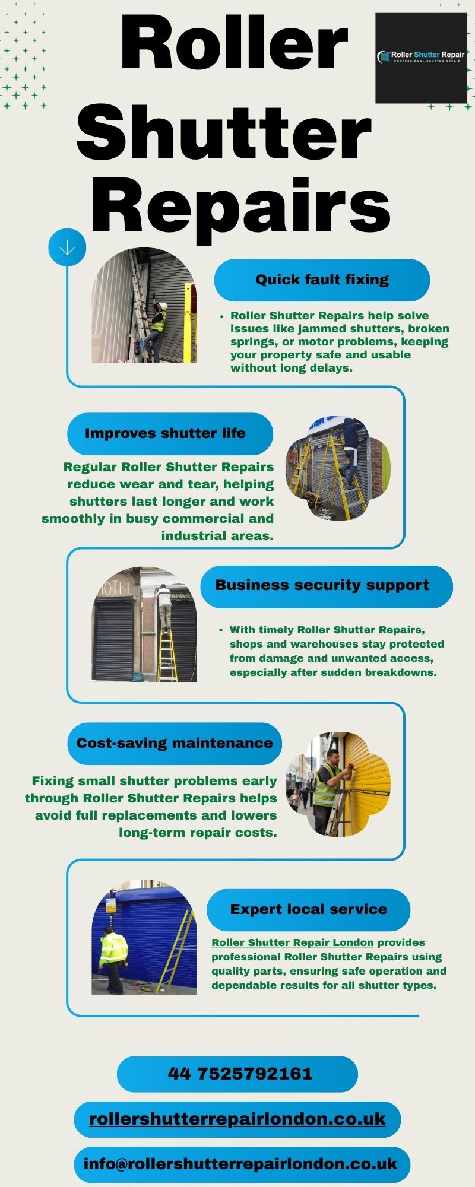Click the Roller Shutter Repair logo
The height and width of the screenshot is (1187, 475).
click(421, 58)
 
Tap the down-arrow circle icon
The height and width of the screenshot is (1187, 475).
click(67, 247)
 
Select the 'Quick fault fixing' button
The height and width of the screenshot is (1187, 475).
click(322, 280)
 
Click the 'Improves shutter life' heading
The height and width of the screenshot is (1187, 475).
click(165, 433)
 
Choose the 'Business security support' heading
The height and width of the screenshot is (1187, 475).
click(322, 585)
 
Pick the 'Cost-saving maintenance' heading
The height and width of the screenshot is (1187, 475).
click(175, 743)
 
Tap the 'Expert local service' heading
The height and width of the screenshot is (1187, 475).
click(308, 909)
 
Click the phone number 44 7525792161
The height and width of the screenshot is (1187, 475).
click(240, 1074)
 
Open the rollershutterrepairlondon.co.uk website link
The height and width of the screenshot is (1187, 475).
click(237, 1119)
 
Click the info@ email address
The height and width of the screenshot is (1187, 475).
click(240, 1164)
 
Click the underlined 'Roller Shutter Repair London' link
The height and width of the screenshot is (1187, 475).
click(293, 942)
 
